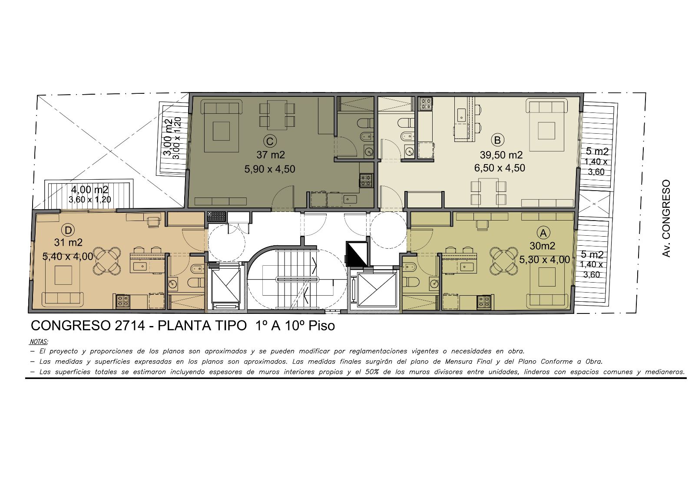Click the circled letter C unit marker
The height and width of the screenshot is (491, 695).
click(x=270, y=142)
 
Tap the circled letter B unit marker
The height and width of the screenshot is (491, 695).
click(x=497, y=140)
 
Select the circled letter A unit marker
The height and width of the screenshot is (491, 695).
click(x=543, y=233)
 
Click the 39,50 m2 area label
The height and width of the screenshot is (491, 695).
click(x=501, y=155)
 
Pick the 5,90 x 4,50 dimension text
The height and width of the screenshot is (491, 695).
click(x=270, y=169)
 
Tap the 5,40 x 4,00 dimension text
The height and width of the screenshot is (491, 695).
click(x=68, y=257)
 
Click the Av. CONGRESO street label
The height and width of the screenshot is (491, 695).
click(x=666, y=218)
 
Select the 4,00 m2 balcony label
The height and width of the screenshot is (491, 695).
click(x=89, y=190)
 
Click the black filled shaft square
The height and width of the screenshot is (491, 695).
click(x=357, y=254)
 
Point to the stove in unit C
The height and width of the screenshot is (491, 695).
click(x=366, y=181)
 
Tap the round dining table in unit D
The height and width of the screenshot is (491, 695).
click(x=107, y=260)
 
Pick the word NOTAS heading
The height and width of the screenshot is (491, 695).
click(x=39, y=342)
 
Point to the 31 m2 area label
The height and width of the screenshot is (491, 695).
click(x=68, y=242)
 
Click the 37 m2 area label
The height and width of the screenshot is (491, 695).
click(x=271, y=155)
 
